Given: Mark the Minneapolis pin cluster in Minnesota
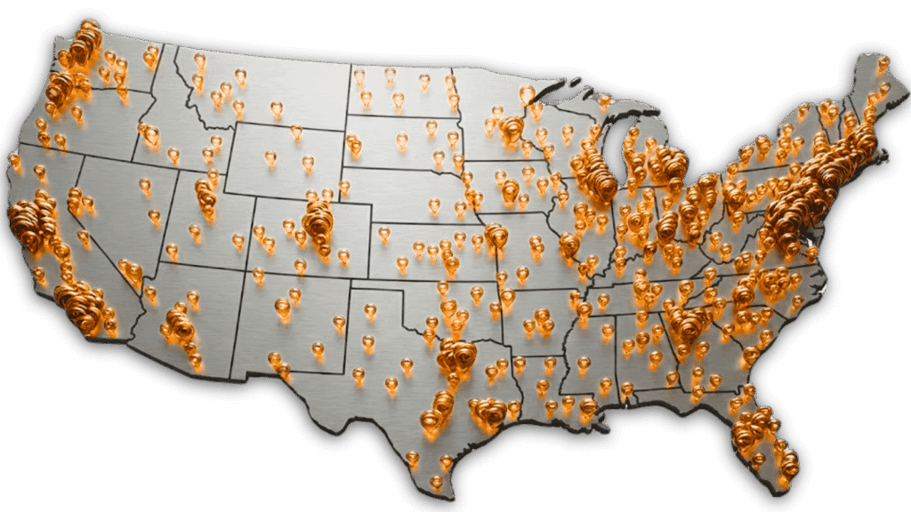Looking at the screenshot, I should click(511, 131).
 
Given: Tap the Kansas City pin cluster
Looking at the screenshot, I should click(496, 235).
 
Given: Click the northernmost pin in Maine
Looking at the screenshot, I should click(883, 64).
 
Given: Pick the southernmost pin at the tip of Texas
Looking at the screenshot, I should click(436, 482).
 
